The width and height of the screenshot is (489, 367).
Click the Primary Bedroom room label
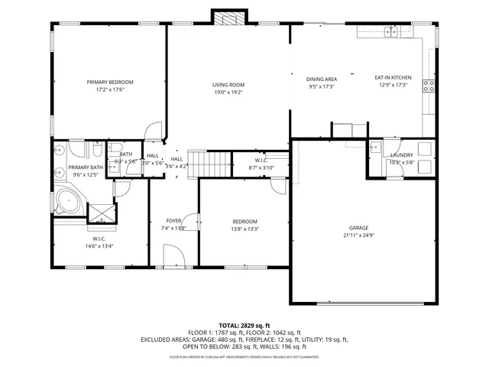point(110,82)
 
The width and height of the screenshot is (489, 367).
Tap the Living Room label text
point(228,84)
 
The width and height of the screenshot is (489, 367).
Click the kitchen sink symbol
point(392,31)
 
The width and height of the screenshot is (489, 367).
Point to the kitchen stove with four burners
point(429,86)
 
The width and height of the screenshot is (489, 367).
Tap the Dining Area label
point(322,79)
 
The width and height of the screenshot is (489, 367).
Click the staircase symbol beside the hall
point(210,163)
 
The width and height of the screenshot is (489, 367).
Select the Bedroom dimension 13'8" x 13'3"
point(245,229)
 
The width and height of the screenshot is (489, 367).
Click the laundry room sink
point(377,147)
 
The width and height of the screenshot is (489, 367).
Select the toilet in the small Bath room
point(116,149)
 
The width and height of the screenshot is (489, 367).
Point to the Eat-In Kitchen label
point(393,78)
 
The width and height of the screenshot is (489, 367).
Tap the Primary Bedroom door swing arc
point(154,132)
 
